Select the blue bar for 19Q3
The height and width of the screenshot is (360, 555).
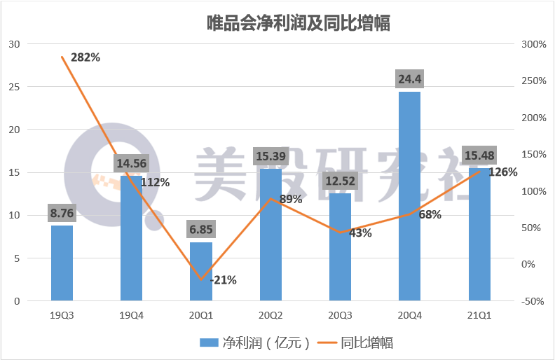pos(62,263)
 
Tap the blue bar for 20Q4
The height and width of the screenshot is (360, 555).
pos(409,196)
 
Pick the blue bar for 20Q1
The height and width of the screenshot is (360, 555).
pos(201,272)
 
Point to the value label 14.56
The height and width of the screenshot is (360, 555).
pos(131,163)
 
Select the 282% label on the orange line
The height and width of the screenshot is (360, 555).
pos(85,57)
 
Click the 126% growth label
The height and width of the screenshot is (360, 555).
pos(503,172)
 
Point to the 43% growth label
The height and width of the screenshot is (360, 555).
pos(360,233)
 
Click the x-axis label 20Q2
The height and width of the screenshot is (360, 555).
pos(270,314)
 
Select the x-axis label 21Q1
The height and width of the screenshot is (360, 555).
pos(479,314)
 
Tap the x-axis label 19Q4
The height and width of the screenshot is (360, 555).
pos(131,314)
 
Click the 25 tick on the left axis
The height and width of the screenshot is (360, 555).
pos(14,87)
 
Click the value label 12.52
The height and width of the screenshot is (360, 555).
pos(340,182)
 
